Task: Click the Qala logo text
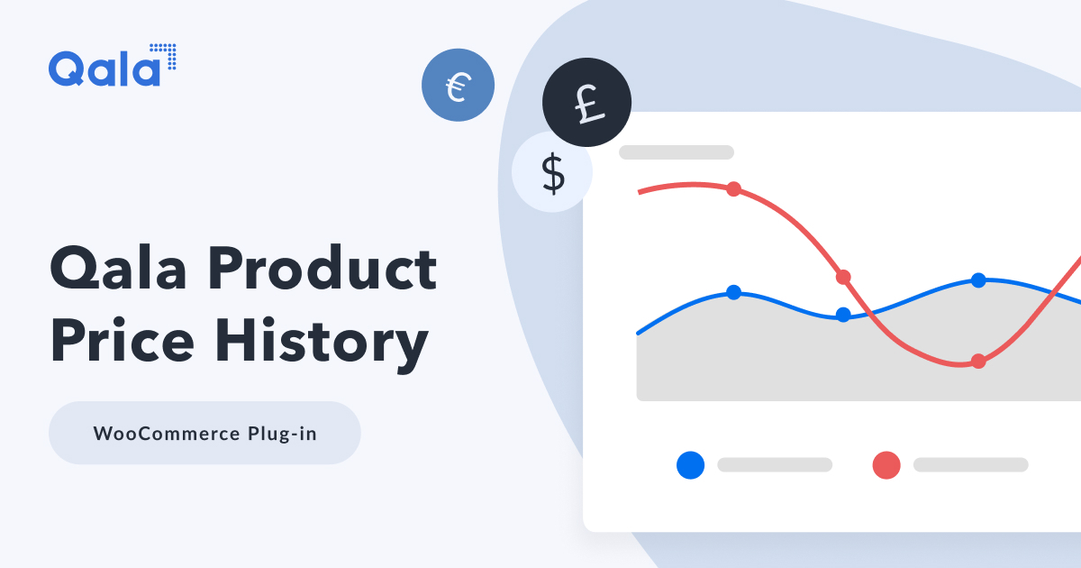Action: click(x=104, y=69)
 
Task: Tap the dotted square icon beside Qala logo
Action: click(x=163, y=56)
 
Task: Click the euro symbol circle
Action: click(x=458, y=85)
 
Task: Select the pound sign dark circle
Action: click(x=586, y=103)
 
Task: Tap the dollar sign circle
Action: click(x=552, y=172)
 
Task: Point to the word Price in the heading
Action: click(x=121, y=343)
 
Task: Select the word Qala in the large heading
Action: click(x=119, y=269)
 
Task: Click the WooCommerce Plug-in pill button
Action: click(x=204, y=433)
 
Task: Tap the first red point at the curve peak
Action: click(x=733, y=188)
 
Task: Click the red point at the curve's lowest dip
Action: click(x=978, y=362)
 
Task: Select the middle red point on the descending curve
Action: click(x=843, y=277)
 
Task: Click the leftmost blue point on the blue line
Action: click(x=733, y=292)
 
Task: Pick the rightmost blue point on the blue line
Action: click(x=978, y=280)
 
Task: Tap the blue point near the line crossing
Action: click(x=843, y=315)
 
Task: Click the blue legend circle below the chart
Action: click(x=690, y=464)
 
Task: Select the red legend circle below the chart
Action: click(x=886, y=464)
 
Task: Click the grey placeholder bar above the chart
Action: click(x=676, y=152)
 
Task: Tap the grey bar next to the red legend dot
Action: click(x=970, y=464)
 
